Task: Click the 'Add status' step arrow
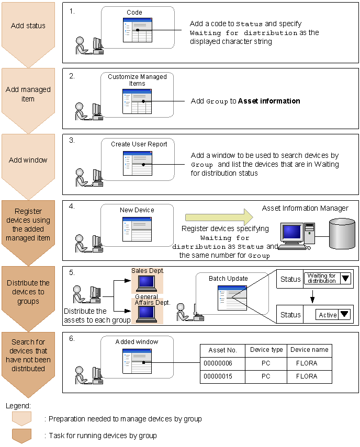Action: pos(28,29)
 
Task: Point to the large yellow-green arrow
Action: pos(219,216)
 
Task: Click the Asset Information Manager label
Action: pos(305,208)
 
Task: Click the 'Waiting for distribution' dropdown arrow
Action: pos(345,279)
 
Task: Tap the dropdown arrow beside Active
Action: pos(344,315)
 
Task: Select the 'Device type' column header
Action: pos(266,350)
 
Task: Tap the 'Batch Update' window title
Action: pos(228,278)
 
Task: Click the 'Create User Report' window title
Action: pos(139,144)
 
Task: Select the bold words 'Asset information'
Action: pos(269,101)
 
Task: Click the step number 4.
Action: pos(72,206)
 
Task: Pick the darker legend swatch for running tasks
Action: pos(21,435)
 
